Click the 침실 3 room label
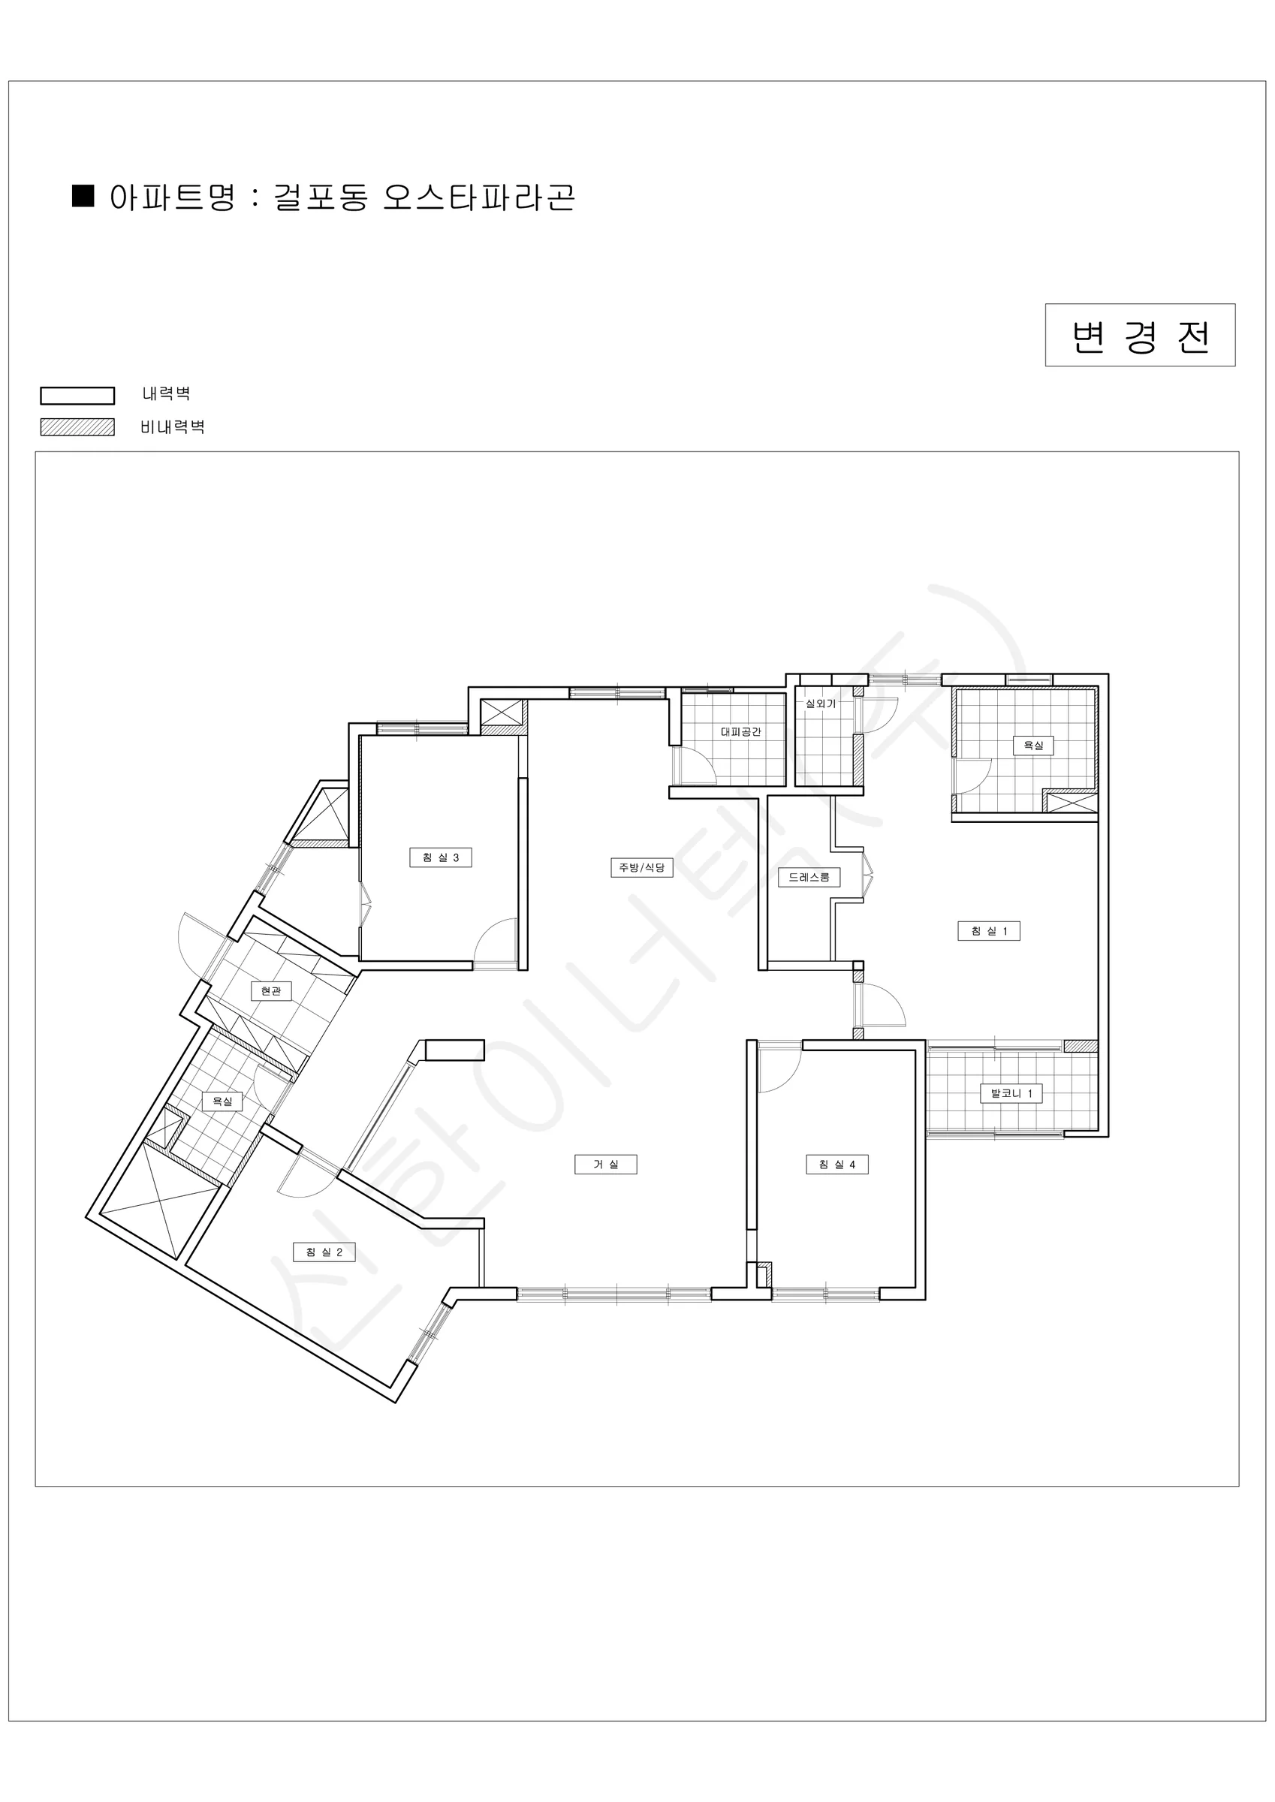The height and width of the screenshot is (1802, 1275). pos(441,858)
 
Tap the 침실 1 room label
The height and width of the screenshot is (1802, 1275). pos(988,931)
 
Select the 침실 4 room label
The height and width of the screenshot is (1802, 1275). pos(837,1165)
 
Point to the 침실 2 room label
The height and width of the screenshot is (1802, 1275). pos(324,1252)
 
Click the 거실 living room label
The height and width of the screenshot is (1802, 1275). pos(605,1165)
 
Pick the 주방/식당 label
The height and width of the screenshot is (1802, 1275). pos(641,867)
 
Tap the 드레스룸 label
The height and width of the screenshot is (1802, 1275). pos(809,877)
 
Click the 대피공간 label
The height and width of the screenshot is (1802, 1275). pos(740,731)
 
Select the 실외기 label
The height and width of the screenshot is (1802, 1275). pos(821,704)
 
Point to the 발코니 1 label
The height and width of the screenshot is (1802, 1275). pos(1011,1093)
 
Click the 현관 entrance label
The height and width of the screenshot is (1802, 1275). pos(271,991)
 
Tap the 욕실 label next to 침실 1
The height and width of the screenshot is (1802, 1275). pos(1033,746)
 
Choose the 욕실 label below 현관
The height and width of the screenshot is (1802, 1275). pos(222,1102)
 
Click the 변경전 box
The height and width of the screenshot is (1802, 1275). pos(1140,335)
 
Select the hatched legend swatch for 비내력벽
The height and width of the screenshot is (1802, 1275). pos(78,427)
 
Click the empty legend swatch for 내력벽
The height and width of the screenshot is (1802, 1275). pos(78,396)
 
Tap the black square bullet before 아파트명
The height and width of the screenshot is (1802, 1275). pos(83,195)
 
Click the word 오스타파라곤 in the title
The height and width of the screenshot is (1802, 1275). pos(479,197)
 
